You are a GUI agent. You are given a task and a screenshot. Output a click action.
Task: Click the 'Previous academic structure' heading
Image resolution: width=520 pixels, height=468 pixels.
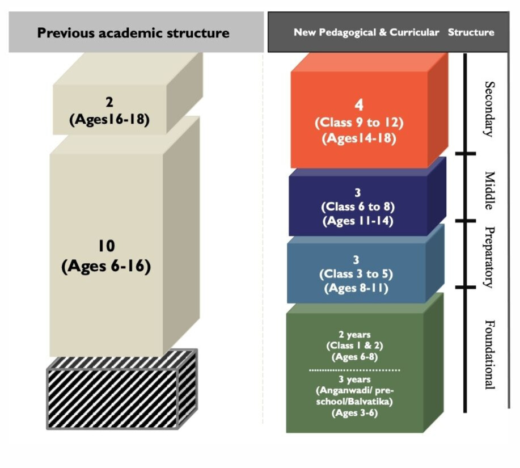coord(133,32)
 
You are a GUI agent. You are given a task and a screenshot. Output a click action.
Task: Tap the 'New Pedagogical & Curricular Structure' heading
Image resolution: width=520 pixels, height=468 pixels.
coord(394,32)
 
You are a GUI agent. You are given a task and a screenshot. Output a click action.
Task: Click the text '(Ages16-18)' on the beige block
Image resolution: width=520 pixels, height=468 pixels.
coord(109,120)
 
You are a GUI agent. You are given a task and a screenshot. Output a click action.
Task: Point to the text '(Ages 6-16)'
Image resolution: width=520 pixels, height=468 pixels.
coord(106,266)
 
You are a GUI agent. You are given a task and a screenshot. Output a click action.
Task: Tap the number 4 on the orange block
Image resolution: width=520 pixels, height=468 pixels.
coord(358,105)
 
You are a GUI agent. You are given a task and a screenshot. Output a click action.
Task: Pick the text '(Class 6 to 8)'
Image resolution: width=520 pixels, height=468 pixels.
coord(358,206)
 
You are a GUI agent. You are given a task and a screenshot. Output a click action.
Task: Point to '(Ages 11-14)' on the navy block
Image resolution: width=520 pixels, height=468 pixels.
coord(358,221)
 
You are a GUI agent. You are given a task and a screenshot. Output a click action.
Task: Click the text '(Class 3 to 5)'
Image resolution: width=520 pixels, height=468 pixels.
coord(357,274)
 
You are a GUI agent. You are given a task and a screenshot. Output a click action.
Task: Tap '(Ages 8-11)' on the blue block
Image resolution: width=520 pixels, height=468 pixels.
coord(357,288)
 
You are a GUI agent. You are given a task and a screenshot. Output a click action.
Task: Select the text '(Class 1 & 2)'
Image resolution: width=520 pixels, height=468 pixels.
coord(354,346)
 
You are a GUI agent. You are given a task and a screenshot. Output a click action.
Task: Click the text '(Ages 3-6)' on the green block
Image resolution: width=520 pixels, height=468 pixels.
coord(354,414)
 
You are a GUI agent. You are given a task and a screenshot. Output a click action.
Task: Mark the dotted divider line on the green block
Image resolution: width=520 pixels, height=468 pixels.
coord(354,369)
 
